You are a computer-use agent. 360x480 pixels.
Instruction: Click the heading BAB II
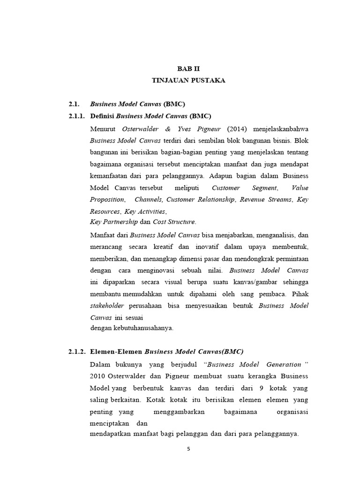point(188,68)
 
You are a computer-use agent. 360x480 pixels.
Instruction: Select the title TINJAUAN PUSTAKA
point(188,81)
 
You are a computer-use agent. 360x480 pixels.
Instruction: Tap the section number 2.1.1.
point(77,116)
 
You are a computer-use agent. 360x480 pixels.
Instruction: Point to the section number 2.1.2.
point(77,352)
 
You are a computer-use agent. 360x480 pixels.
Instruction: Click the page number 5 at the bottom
point(188,449)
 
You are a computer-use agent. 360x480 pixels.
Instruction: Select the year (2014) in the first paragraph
point(239,128)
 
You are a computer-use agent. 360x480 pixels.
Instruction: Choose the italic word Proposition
point(107,200)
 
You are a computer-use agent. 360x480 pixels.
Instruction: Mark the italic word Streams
point(279,200)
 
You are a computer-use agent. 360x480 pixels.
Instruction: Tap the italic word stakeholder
point(107,306)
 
